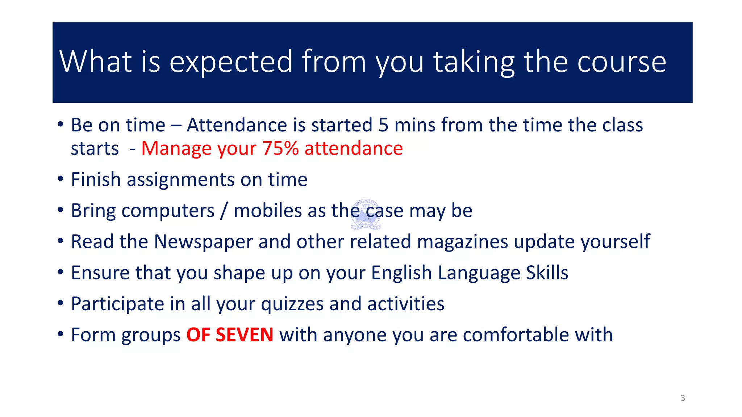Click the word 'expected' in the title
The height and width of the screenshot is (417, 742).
(230, 62)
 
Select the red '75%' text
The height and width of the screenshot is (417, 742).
(280, 148)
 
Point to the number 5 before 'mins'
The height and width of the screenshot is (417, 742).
(383, 125)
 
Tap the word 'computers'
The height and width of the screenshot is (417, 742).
(168, 211)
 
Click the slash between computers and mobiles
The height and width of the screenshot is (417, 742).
(224, 211)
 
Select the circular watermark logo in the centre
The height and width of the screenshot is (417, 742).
(366, 214)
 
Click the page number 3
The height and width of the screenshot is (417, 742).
(683, 398)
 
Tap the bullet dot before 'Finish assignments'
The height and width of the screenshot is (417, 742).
(61, 179)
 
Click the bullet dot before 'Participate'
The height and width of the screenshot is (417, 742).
(61, 303)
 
